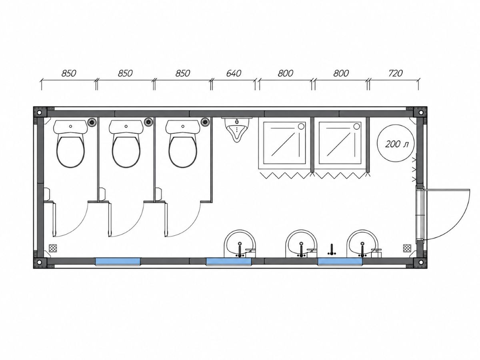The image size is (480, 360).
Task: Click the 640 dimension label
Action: pyautogui.click(x=234, y=74)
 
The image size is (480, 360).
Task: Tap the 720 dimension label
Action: pyautogui.click(x=396, y=74)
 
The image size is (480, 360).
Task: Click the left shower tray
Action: pyautogui.click(x=284, y=143)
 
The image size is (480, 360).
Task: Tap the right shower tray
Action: pyautogui.click(x=340, y=143)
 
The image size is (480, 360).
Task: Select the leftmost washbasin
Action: pyautogui.click(x=240, y=244)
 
